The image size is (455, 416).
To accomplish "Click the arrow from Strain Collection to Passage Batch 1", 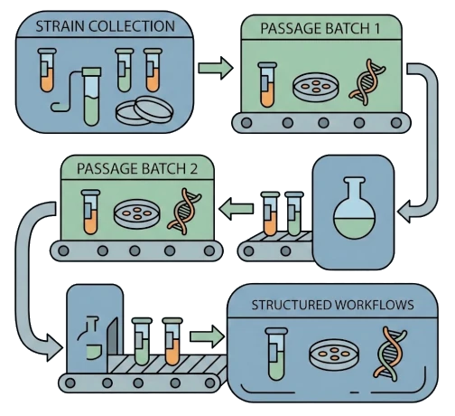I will click(x=213, y=67).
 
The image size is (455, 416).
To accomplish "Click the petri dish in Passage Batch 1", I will click(x=312, y=88).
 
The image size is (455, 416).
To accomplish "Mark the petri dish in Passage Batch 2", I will click(x=136, y=215).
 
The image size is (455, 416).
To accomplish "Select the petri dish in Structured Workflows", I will click(x=331, y=355).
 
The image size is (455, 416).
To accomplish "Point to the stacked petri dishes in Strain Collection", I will click(x=142, y=110).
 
